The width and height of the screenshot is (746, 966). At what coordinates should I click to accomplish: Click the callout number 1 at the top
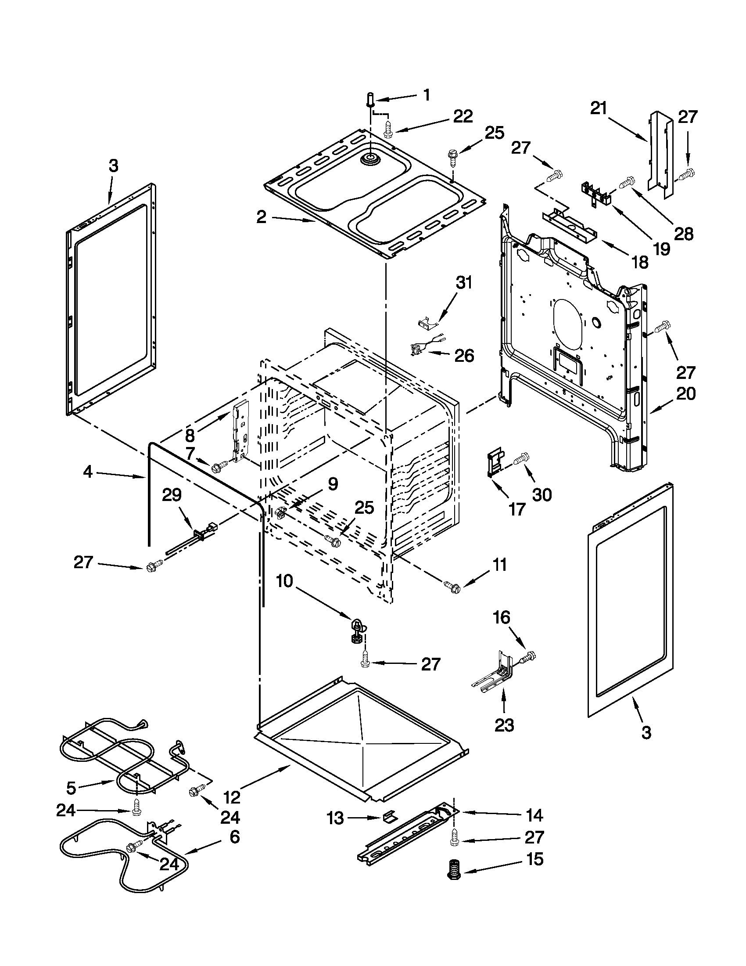427,95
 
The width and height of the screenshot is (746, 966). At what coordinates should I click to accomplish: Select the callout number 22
462,116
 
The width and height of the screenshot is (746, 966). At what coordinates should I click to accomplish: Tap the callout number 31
463,282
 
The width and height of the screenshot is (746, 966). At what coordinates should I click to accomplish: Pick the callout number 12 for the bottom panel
231,797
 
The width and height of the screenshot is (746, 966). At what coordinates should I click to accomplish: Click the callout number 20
685,393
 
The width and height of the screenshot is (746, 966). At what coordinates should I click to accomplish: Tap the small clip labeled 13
389,816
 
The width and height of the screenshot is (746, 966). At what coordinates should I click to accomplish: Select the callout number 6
234,837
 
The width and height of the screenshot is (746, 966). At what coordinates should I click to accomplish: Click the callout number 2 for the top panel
262,218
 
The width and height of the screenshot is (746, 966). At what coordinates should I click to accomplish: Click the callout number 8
190,435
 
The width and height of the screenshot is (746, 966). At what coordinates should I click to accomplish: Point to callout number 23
504,725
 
